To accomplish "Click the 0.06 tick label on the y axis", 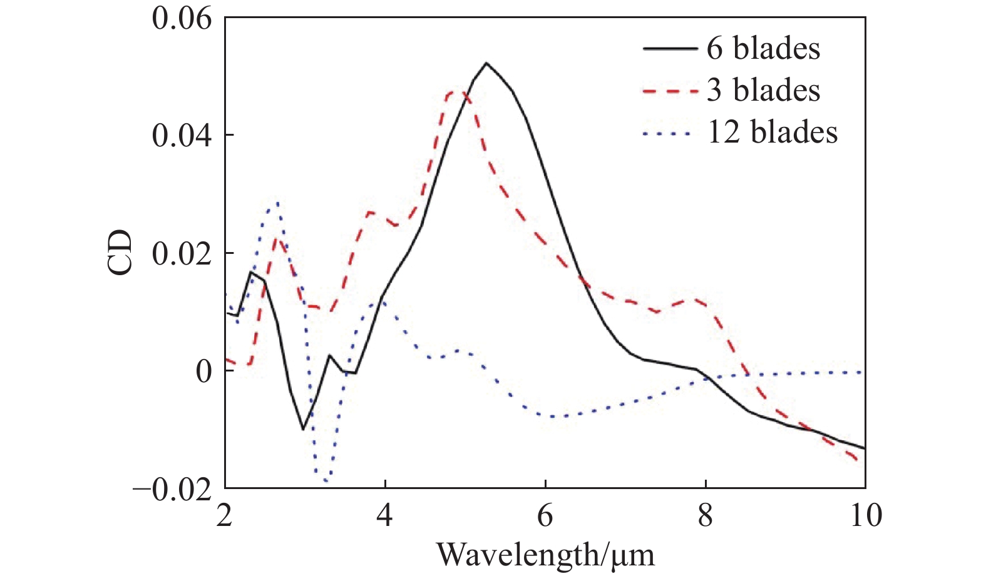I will pos(182,18).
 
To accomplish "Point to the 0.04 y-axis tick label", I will pos(182,135).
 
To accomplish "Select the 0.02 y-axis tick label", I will pos(182,253).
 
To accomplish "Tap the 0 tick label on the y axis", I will pos(204,371).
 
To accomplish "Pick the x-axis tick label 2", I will pos(225,516).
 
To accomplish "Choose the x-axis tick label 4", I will pos(385,516).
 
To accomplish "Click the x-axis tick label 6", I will pos(545,516).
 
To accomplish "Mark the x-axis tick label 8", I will pos(706,516).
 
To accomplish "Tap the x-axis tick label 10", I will pos(866,516).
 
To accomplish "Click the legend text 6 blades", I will pos(763,49).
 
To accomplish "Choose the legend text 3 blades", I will pos(763,91).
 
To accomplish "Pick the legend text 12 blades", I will pos(772,133).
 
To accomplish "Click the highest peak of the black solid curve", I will pos(486,63).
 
